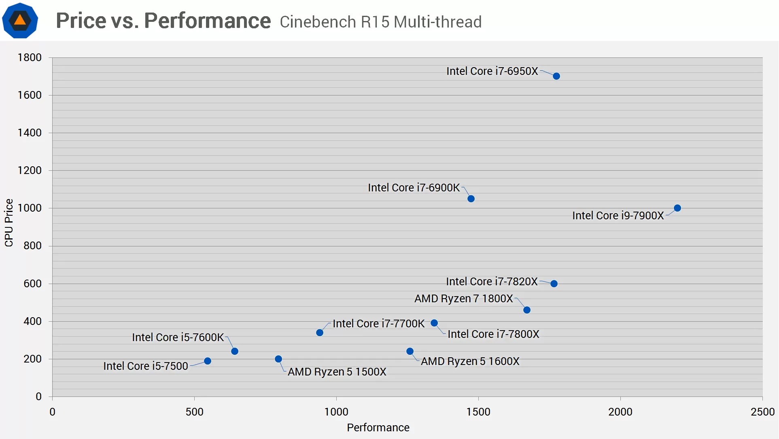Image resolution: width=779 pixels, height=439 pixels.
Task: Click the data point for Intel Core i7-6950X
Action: (x=556, y=76)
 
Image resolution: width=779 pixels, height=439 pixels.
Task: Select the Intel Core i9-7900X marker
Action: (x=677, y=208)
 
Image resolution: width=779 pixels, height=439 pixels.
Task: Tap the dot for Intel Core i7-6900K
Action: (x=471, y=199)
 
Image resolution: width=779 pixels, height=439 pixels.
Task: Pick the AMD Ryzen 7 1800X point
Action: (x=527, y=310)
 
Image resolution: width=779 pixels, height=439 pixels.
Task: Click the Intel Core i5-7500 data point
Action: (x=208, y=361)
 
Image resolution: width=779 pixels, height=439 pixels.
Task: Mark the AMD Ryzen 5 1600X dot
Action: (x=410, y=351)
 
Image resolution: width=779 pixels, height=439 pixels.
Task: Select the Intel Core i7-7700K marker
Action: (x=320, y=333)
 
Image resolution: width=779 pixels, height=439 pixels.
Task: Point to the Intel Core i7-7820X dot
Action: (x=554, y=284)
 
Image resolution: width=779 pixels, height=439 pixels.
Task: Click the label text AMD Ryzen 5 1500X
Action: (x=337, y=372)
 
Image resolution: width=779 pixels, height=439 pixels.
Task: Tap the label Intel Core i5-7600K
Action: (x=178, y=337)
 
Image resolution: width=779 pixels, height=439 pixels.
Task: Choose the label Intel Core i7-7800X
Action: (x=493, y=334)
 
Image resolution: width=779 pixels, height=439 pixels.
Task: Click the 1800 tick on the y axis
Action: (x=30, y=57)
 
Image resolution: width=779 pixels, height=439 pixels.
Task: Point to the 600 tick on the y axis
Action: (x=32, y=284)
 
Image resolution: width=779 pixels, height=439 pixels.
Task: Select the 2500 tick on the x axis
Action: (x=762, y=412)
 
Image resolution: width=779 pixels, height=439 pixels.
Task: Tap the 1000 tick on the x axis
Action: (x=336, y=412)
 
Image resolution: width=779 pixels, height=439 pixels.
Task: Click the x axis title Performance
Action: (x=378, y=428)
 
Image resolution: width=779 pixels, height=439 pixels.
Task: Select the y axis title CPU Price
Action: (x=9, y=223)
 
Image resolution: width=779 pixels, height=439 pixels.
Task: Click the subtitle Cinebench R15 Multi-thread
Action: (x=380, y=22)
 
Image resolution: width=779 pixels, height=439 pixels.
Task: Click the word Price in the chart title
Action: (x=81, y=21)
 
